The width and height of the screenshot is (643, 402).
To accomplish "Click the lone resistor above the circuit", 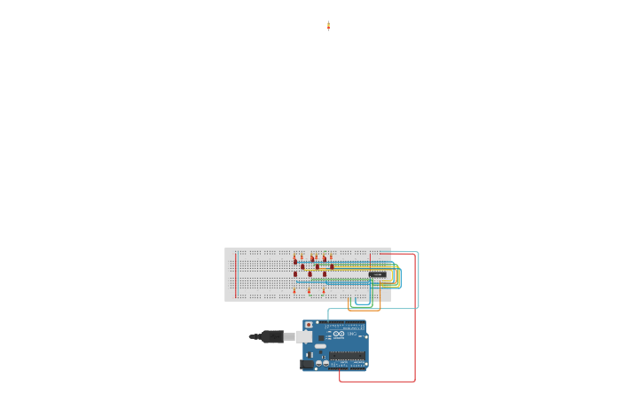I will click(x=328, y=26).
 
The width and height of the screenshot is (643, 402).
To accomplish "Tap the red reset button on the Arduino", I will click(x=309, y=326).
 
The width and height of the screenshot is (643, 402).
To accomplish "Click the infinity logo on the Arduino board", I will click(x=339, y=334).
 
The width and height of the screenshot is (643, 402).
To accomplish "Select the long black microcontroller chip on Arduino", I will click(x=347, y=356).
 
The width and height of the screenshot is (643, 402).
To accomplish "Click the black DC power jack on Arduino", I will click(x=307, y=364).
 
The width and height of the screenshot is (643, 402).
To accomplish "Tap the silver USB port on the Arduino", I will click(x=303, y=336).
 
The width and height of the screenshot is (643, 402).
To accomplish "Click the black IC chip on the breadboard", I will click(x=377, y=274).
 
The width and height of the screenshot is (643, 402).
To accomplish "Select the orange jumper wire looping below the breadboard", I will click(x=365, y=310).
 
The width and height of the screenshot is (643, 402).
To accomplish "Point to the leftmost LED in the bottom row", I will click(x=295, y=274).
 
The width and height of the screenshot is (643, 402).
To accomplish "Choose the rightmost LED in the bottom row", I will click(x=325, y=274).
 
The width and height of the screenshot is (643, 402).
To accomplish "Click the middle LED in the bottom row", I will click(x=310, y=274).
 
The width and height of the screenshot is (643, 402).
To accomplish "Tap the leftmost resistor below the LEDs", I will click(x=294, y=290).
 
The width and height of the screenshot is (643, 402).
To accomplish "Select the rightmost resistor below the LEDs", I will click(x=323, y=290).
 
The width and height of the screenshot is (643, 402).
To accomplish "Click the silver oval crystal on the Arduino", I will click(x=320, y=346).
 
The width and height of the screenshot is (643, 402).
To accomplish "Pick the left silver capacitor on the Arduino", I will click(x=318, y=363).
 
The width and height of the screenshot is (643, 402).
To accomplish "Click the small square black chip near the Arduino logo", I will click(x=321, y=338).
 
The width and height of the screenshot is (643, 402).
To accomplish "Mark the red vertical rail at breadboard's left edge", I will click(x=236, y=275).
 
